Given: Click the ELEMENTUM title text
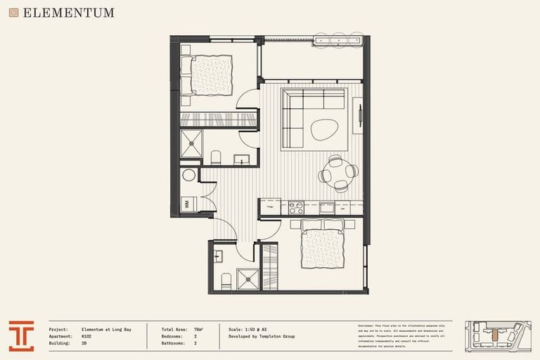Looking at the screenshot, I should [x=67, y=13].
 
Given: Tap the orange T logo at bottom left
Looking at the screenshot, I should [x=21, y=336].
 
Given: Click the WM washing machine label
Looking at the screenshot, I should [x=187, y=204].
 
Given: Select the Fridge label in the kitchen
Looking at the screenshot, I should [x=270, y=207].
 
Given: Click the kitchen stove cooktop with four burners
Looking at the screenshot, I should [x=296, y=207].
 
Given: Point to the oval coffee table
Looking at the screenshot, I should [x=325, y=129].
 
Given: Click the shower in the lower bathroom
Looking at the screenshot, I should [x=247, y=279].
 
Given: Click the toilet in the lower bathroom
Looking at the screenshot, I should [x=226, y=281].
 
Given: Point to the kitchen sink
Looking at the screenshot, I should [x=327, y=207].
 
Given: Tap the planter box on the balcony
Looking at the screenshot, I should [x=338, y=41].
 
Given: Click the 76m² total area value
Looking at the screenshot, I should [x=198, y=329].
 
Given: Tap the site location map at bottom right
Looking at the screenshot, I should [x=498, y=336].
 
